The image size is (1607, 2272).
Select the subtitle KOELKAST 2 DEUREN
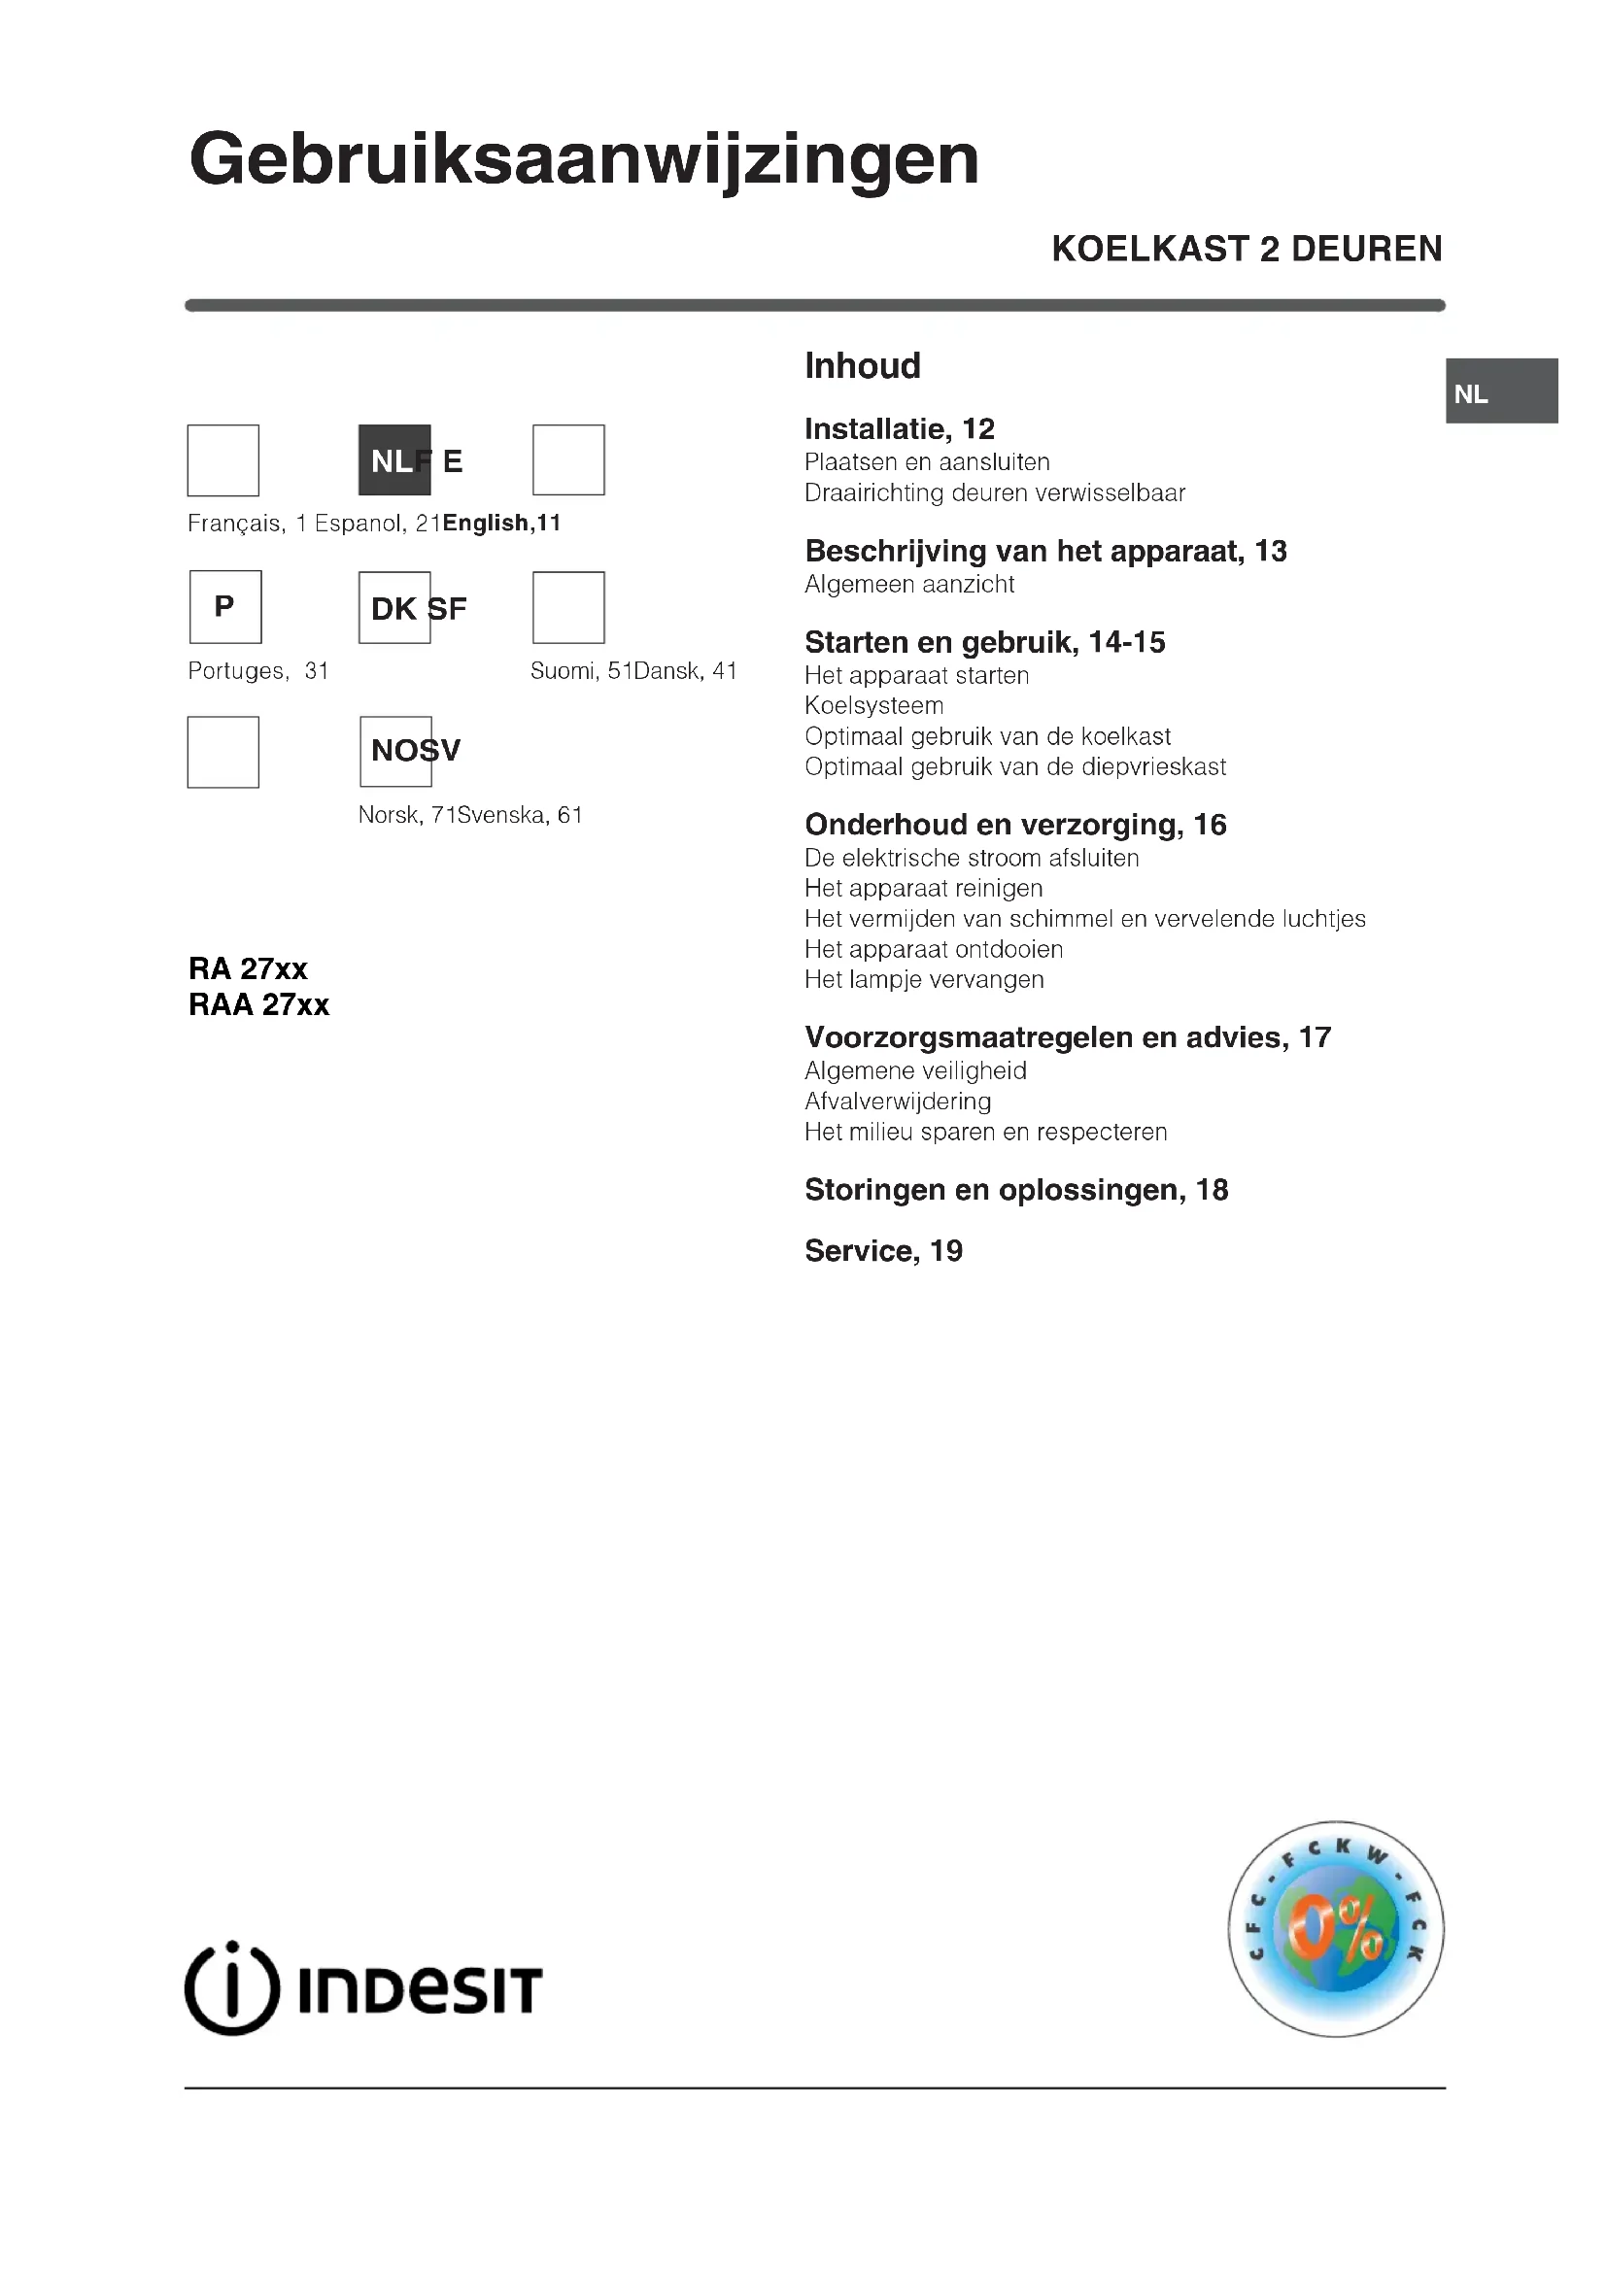[1246, 249]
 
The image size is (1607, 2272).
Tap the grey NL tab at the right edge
[1501, 391]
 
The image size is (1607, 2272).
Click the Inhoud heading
[862, 366]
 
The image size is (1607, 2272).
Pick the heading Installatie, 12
[899, 428]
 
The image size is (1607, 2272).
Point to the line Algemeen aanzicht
[908, 584]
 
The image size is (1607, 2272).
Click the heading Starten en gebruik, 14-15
[984, 642]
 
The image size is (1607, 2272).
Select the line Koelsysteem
[873, 705]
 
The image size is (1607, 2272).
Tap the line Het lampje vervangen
[923, 980]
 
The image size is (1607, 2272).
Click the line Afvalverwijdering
[897, 1101]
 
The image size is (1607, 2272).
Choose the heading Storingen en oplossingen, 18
[1016, 1190]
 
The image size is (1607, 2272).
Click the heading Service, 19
[882, 1251]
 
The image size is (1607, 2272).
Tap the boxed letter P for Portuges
[225, 606]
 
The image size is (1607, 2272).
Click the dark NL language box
[393, 460]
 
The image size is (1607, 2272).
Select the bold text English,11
[501, 524]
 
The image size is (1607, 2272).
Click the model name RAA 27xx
[259, 1005]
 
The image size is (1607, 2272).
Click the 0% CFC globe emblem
[1335, 1929]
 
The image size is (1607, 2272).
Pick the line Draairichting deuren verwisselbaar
[994, 492]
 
